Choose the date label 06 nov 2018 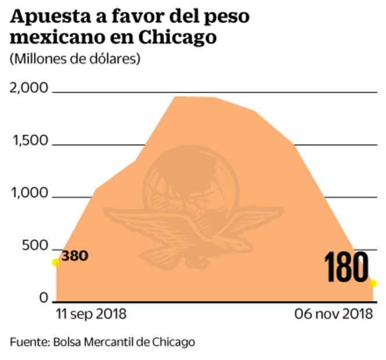(333, 315)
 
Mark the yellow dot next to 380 (56, 262)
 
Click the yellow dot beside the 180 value (373, 283)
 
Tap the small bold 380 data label (74, 255)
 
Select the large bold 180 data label (346, 268)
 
